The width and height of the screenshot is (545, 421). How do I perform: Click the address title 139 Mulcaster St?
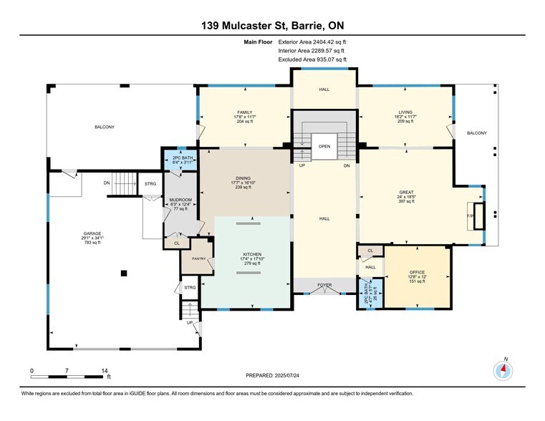click(x=273, y=26)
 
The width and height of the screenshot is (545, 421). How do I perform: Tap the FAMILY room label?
click(x=245, y=112)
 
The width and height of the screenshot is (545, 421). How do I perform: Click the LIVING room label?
click(x=405, y=112)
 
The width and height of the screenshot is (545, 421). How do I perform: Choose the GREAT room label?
click(x=405, y=192)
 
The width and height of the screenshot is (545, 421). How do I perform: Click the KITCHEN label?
click(x=251, y=254)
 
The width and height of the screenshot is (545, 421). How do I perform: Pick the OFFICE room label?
click(x=418, y=272)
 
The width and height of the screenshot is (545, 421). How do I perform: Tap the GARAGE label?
click(x=91, y=233)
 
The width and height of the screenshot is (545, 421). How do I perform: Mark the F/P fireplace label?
click(x=471, y=216)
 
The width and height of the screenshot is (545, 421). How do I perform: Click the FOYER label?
click(x=325, y=285)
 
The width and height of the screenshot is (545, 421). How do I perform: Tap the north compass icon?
click(x=504, y=370)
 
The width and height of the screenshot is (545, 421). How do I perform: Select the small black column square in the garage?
click(x=125, y=272)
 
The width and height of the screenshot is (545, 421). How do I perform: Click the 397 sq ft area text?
click(x=405, y=202)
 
